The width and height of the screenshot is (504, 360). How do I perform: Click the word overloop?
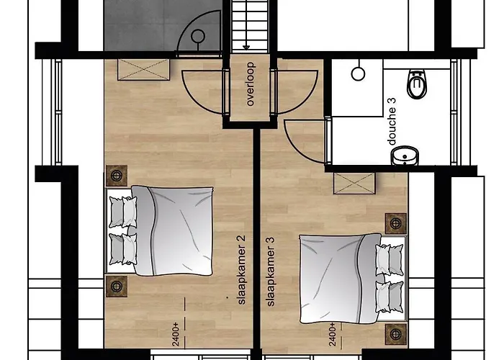tap(250, 84)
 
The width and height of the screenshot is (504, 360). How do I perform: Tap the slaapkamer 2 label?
tap(241, 270)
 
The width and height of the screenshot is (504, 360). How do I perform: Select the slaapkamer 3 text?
tap(271, 272)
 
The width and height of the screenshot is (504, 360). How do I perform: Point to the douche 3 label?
tap(392, 122)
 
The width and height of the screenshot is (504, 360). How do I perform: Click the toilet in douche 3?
tap(417, 84)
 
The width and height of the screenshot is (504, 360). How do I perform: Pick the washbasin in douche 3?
tap(405, 156)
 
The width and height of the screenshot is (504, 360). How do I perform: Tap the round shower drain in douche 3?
tap(358, 74)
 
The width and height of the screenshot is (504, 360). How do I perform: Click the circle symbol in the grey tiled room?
tap(198, 36)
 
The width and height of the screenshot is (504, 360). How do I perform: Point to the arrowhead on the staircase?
tap(246, 48)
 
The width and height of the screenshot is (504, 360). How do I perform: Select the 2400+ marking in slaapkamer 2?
tap(176, 335)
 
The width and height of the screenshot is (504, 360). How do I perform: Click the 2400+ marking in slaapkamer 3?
tap(333, 335)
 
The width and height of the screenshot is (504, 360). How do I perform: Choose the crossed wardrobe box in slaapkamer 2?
tap(144, 69)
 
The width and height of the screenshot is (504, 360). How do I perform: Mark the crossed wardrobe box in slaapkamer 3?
tap(354, 184)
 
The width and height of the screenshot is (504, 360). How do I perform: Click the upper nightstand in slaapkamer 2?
tap(117, 176)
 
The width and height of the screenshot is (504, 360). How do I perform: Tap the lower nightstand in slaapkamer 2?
tap(117, 286)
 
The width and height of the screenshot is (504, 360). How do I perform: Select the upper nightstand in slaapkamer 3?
tap(396, 223)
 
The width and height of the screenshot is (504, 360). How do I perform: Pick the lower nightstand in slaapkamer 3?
tap(396, 334)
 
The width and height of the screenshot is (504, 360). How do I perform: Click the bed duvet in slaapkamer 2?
tap(174, 231)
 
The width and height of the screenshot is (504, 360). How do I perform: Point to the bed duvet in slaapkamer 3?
tap(340, 279)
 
